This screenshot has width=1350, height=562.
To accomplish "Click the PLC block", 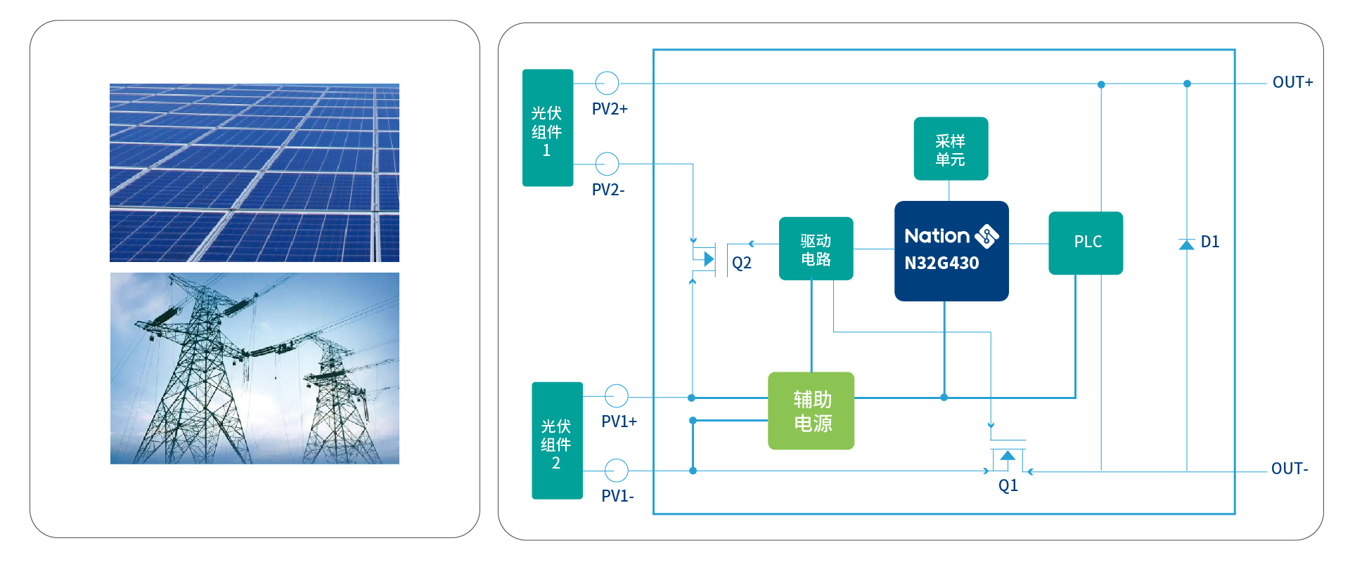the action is click(1086, 243).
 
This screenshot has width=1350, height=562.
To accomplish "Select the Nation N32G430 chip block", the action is click(951, 251).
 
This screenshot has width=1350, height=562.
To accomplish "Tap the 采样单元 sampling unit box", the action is click(951, 148).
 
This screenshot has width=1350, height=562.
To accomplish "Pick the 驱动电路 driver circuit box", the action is click(816, 249).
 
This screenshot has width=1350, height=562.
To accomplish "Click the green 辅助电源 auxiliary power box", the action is click(811, 411).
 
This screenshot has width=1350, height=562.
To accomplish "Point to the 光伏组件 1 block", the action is click(548, 128).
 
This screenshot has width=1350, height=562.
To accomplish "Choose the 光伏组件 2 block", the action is click(557, 440).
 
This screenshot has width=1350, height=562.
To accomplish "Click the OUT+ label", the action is click(1292, 82).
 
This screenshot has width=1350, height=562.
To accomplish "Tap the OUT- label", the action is click(1290, 469).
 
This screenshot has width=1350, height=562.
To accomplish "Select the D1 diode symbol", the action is click(1187, 244).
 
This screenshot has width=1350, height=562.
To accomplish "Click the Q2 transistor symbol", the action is click(705, 259).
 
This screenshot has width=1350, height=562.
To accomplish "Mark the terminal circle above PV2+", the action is click(607, 83).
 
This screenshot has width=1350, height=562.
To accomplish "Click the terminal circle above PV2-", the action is click(607, 164).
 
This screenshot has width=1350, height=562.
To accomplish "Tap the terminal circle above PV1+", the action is click(617, 396).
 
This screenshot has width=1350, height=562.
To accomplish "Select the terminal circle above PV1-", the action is click(617, 470).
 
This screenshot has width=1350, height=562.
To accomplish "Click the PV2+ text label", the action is click(610, 109).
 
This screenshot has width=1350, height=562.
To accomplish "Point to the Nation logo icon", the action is click(986, 236).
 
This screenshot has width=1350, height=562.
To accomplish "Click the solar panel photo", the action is click(255, 173).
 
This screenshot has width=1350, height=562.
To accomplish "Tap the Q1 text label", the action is click(1008, 485).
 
